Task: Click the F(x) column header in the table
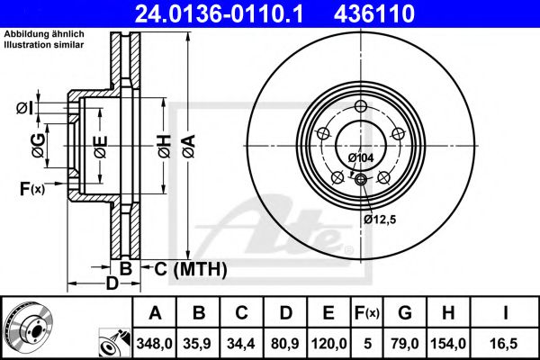coord(367,312)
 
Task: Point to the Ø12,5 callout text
coord(380,219)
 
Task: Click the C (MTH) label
coord(189,269)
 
